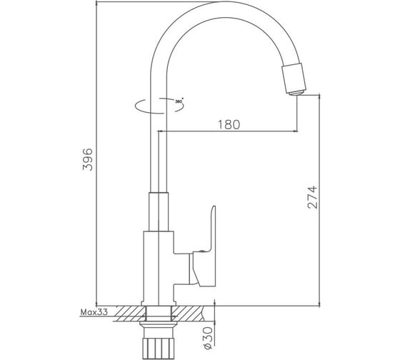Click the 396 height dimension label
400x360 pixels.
[87, 159]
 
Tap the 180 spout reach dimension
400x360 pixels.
[229, 124]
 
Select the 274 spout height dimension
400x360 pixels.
[313, 197]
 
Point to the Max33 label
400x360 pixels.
[94, 311]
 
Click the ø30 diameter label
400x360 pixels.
[208, 338]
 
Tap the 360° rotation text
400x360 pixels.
[179, 101]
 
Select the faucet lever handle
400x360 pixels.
[204, 247]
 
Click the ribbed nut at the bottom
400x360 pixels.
[159, 349]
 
